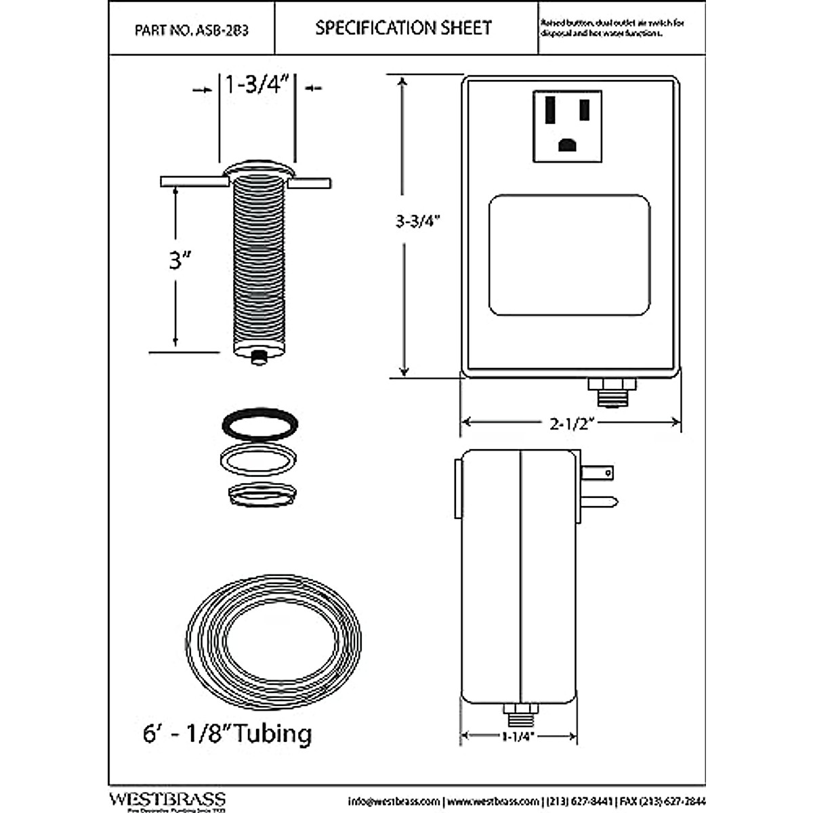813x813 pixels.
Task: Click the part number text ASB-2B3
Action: [192, 30]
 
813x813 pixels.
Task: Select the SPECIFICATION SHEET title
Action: [403, 28]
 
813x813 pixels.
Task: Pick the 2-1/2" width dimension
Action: [571, 423]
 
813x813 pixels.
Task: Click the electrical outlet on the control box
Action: [568, 126]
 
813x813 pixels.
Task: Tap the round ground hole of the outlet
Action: [568, 144]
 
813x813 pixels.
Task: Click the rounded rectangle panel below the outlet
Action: [569, 255]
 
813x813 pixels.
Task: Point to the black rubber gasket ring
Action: [259, 423]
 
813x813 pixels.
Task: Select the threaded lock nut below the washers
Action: [262, 494]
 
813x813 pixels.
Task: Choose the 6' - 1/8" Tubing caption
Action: [227, 734]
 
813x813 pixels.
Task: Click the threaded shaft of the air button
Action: [259, 264]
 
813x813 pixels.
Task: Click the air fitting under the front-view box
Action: [612, 392]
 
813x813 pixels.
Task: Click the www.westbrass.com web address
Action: [494, 801]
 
